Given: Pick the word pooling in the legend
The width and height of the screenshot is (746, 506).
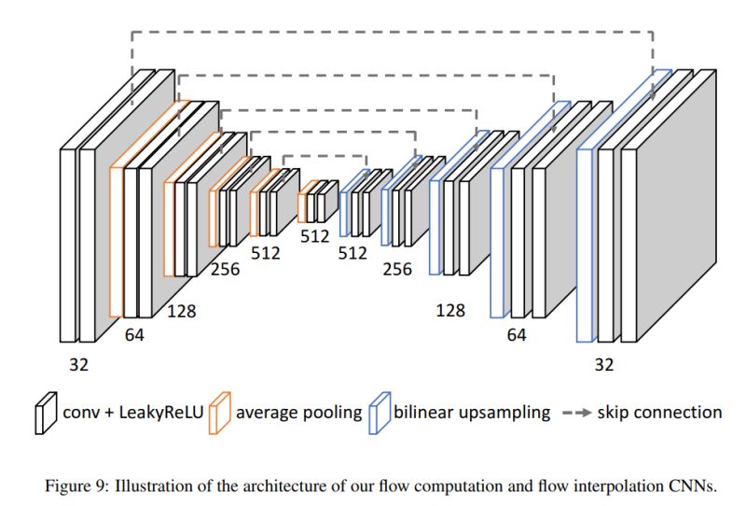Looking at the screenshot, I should [x=331, y=411].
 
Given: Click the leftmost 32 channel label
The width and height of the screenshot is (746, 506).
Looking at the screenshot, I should [x=78, y=365].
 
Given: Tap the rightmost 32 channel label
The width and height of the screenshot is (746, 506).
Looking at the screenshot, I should [x=604, y=365].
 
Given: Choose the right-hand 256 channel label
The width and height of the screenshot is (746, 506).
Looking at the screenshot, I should [x=397, y=270].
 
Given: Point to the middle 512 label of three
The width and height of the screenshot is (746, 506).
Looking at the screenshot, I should [x=315, y=236].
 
